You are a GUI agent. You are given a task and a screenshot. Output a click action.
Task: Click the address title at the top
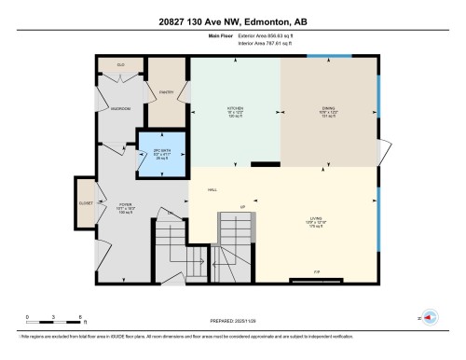coord(232,21)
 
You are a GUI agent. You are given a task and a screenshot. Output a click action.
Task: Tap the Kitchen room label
coord(236,111)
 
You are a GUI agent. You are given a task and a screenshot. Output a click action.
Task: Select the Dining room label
coord(329,111)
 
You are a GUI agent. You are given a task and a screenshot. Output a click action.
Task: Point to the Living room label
coord(317,222)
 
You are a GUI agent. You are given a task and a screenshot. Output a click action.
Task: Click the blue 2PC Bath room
coord(162,154)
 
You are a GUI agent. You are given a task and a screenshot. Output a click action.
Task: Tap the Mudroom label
coord(120,108)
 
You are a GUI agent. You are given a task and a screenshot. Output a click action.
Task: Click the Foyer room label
coord(125,206)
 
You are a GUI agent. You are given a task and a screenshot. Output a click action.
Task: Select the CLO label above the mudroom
coord(120,64)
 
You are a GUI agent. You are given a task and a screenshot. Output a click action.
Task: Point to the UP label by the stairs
coord(242,206)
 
